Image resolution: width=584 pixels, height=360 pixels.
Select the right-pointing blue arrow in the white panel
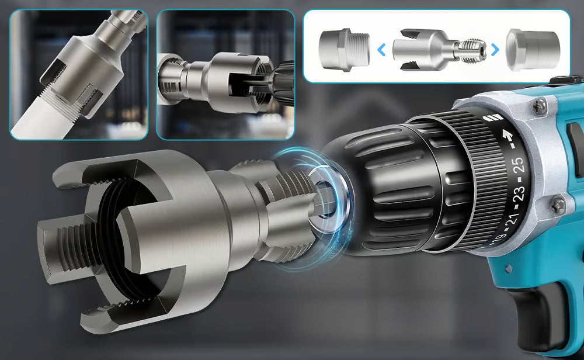pyautogui.click(x=495, y=50)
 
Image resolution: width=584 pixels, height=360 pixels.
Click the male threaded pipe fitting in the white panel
pyautogui.click(x=344, y=50)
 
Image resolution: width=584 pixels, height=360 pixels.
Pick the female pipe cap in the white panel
pyautogui.click(x=533, y=50)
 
